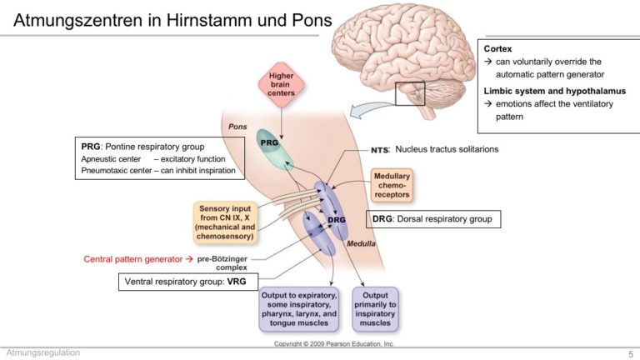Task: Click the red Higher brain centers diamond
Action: (x=281, y=84)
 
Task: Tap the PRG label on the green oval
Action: (x=269, y=142)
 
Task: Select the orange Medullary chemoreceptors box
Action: (x=392, y=185)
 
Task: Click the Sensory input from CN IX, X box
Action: (x=225, y=222)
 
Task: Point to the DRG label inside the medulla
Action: (x=337, y=220)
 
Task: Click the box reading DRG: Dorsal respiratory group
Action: (x=433, y=219)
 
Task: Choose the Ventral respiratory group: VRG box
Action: (x=188, y=282)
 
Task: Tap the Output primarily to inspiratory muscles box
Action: (x=375, y=309)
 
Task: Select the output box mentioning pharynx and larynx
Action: (x=299, y=309)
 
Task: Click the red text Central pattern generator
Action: (x=133, y=259)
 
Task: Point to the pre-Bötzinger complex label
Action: (x=222, y=263)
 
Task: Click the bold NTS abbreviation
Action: (x=380, y=150)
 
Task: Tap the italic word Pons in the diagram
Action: (x=237, y=127)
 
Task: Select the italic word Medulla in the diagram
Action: (x=361, y=243)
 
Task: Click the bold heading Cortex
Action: (x=497, y=48)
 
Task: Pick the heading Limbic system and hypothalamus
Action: (x=555, y=91)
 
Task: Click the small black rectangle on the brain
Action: (x=410, y=93)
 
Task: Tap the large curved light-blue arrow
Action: (x=371, y=109)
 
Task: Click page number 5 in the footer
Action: (x=631, y=354)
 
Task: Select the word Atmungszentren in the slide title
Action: (x=78, y=20)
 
